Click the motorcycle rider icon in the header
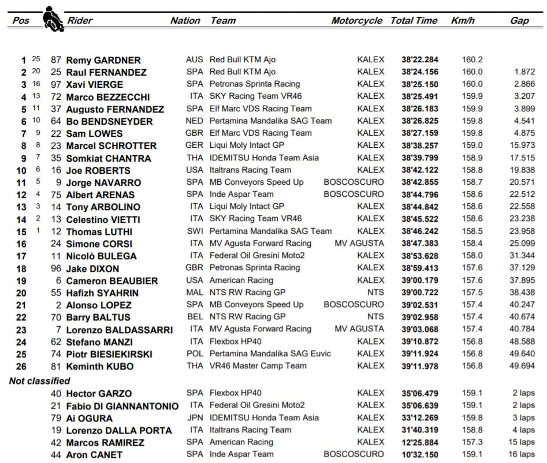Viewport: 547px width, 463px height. pos(53,18)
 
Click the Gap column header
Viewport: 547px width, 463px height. pos(519,21)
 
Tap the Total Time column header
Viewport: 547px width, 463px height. pos(414,21)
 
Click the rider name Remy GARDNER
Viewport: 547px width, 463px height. pos(103,60)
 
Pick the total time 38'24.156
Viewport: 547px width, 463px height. pos(420,72)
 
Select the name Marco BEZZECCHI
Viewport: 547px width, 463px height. pos(108,97)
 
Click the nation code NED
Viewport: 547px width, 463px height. pos(195,121)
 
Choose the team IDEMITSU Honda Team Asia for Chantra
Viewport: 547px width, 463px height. pos(264,158)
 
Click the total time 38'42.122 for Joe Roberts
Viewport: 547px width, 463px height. pos(420,170)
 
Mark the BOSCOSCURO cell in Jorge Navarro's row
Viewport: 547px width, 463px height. pos(353,182)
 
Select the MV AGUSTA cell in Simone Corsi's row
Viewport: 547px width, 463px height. pos(359,244)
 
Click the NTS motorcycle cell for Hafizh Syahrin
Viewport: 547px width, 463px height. pos(375,293)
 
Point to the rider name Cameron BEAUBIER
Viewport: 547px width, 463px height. pos(112,281)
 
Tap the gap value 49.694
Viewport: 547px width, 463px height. pos(522,366)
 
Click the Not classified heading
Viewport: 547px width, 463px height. pos(40,381)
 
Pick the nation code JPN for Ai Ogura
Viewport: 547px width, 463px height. pos(195,418)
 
